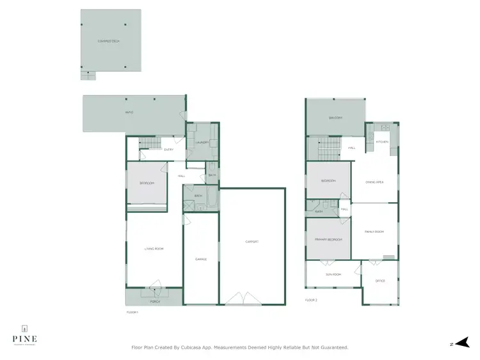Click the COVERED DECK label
click(109, 41)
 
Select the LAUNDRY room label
click(202, 143)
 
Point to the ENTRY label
click(169, 150)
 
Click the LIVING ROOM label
click(156, 248)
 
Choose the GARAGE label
click(201, 259)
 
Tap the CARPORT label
click(252, 241)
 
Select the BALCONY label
click(335, 118)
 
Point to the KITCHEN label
click(382, 141)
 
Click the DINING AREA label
click(374, 182)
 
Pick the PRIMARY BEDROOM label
click(328, 239)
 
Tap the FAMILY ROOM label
click(374, 231)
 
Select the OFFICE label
click(379, 281)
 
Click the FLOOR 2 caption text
click(312, 299)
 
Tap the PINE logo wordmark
click(24, 338)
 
